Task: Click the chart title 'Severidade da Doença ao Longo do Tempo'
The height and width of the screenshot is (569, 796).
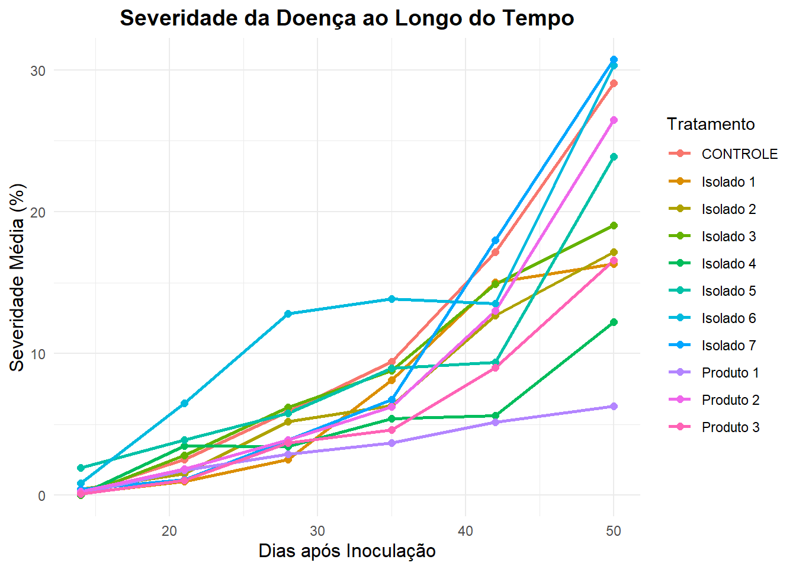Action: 347,18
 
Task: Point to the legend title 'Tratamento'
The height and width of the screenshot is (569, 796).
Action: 711,124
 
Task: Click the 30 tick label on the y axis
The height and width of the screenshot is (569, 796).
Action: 38,71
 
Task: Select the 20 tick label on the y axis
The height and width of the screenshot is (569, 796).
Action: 38,212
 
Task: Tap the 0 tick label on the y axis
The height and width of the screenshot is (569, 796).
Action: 41,496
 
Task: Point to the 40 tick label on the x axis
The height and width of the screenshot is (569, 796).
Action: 466,531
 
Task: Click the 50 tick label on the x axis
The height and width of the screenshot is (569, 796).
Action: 614,531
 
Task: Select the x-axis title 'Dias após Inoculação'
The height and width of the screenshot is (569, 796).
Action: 347,551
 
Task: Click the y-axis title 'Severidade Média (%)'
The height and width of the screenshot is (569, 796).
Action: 17,277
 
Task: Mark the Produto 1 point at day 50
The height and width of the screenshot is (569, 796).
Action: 614,407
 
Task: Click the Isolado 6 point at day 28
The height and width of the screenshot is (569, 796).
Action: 288,314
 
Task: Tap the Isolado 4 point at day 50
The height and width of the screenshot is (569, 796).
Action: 614,322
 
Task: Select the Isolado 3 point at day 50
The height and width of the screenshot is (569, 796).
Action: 614,226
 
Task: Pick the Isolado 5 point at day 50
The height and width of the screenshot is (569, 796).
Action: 614,157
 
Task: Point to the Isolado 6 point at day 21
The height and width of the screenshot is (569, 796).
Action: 184,403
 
